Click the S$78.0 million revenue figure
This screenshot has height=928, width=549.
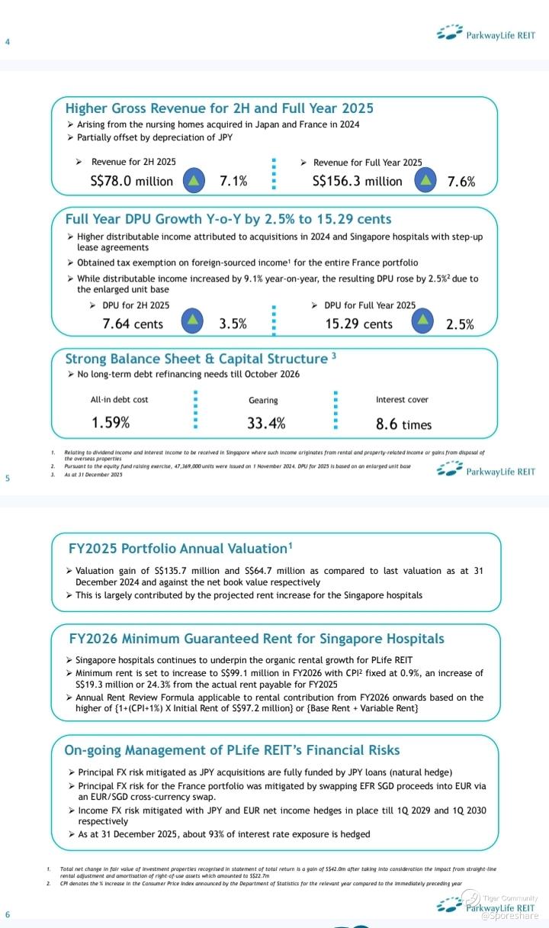click(132, 181)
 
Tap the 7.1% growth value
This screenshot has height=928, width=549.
click(233, 181)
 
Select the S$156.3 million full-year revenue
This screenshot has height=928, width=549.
click(357, 181)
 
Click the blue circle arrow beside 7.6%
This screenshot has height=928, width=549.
click(427, 180)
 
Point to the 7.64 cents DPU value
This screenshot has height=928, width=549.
click(133, 324)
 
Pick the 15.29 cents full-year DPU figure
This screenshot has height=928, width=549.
click(358, 324)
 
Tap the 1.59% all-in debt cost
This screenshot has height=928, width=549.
click(111, 423)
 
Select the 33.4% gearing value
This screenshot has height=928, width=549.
click(266, 423)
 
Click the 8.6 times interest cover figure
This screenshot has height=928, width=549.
click(403, 424)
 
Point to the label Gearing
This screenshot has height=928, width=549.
click(263, 400)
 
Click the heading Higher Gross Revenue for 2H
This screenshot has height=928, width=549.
click(219, 108)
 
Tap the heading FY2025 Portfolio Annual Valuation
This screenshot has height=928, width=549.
click(181, 548)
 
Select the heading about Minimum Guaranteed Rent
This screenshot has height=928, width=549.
click(256, 638)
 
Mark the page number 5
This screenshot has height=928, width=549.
click(7, 478)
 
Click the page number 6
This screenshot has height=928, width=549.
click(7, 915)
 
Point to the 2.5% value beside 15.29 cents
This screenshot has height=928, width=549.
click(460, 324)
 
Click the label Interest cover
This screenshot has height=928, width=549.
click(402, 399)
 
